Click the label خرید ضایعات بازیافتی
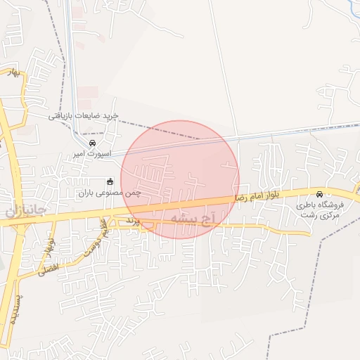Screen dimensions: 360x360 point(83,115)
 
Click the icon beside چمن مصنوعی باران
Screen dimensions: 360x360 point(110,181)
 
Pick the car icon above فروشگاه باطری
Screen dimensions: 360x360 point(319,195)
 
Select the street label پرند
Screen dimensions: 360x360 point(134,221)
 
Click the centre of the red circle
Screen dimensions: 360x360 point(180,179)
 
